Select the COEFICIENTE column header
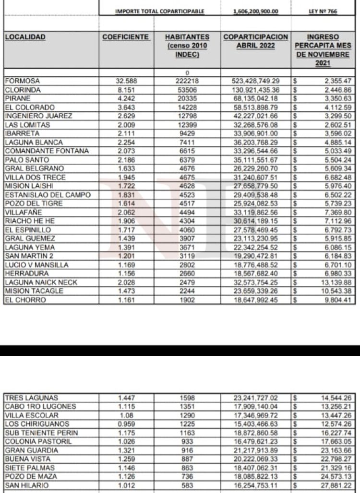(x=126, y=37)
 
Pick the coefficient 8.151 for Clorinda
(x=126, y=90)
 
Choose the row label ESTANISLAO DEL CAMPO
(x=41, y=195)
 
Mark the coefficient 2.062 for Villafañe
(x=126, y=212)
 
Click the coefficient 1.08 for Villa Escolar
(x=126, y=415)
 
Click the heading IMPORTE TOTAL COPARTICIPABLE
(x=160, y=12)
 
